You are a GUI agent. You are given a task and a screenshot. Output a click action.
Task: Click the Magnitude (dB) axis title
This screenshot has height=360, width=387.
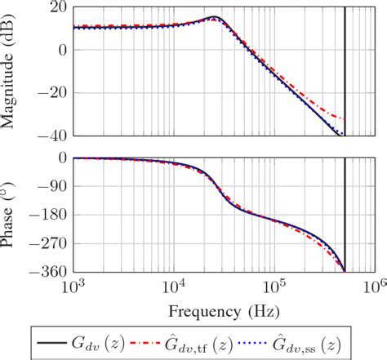(11, 71)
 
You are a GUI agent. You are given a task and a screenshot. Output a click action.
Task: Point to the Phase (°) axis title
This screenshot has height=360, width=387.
(11, 215)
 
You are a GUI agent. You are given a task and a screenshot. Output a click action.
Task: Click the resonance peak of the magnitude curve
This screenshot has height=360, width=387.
(214, 17)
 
